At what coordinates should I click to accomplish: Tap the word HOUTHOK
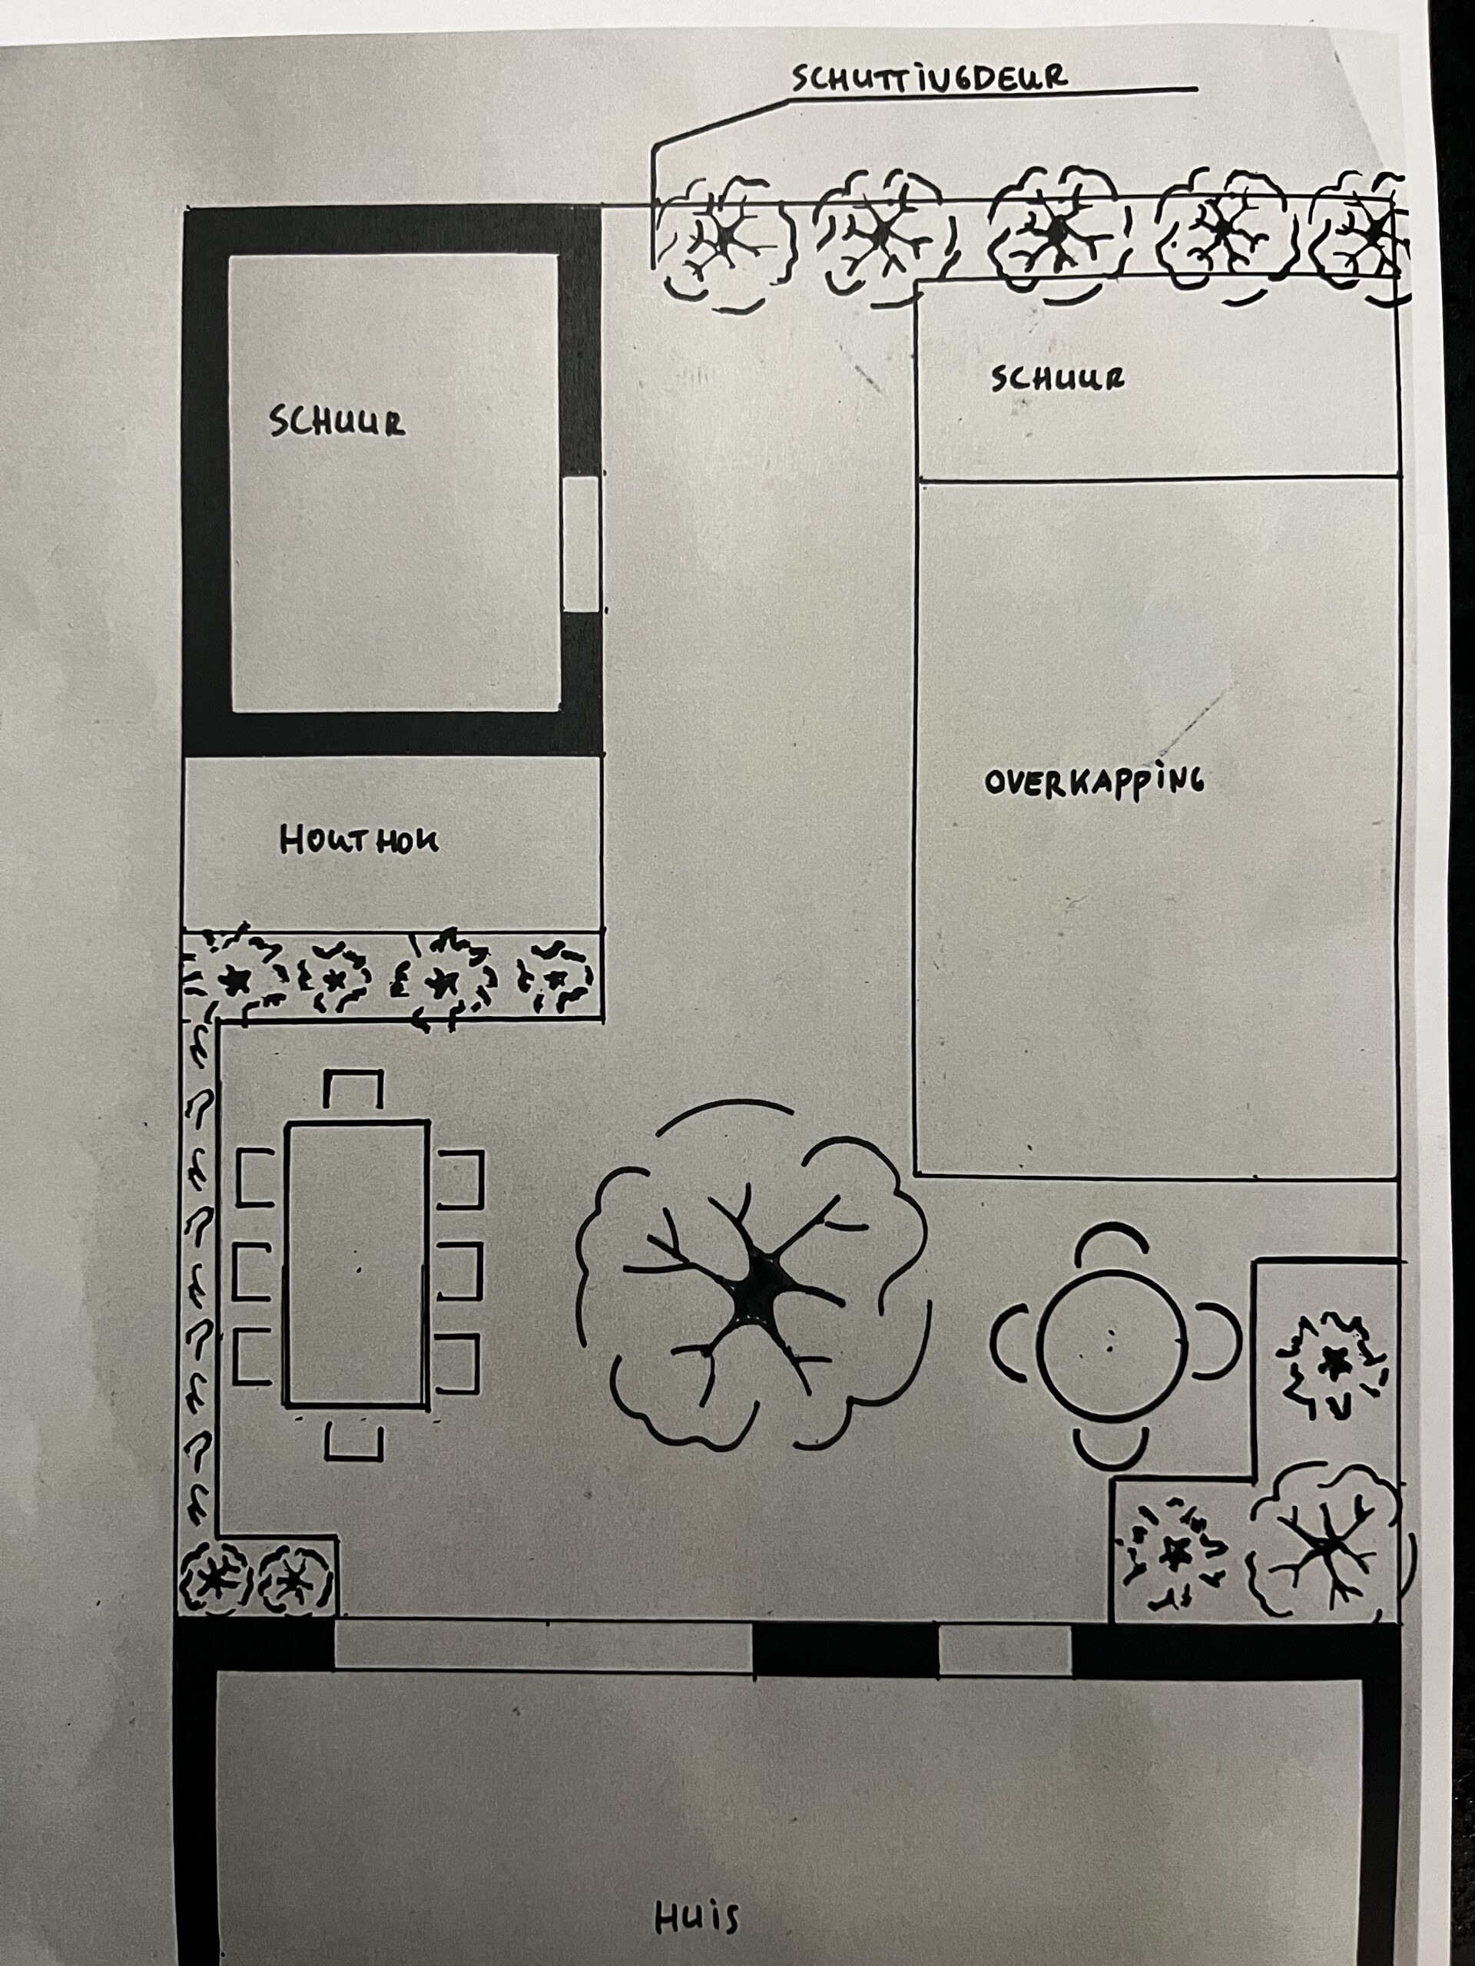[360, 840]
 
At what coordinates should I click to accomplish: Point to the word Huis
[697, 1916]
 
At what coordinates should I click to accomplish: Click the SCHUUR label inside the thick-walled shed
[338, 422]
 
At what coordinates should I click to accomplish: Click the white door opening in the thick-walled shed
[582, 544]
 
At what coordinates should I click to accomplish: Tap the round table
[1112, 1345]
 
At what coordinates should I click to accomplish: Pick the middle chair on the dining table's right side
[459, 1270]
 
